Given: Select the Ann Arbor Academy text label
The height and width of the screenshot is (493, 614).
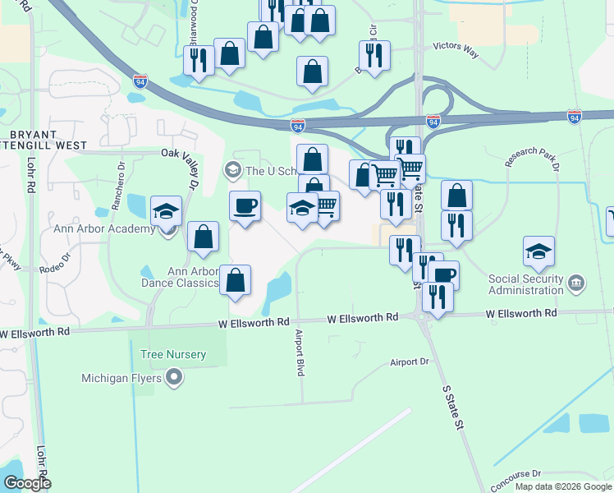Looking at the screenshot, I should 103,228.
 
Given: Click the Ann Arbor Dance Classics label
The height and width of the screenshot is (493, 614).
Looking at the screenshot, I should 192,278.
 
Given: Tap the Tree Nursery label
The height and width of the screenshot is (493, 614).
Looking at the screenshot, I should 173,354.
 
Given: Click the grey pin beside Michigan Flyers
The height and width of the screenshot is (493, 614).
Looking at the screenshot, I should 174,378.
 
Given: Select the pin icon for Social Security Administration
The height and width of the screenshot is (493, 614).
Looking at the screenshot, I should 577,284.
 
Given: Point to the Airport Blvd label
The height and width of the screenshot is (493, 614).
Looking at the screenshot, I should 300,353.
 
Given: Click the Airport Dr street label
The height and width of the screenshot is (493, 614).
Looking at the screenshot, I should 410,362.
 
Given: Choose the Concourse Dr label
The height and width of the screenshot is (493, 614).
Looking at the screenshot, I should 515,474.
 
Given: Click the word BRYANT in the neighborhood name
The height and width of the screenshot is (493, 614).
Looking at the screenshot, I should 33,134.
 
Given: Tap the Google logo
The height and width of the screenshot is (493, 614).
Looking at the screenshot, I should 26,483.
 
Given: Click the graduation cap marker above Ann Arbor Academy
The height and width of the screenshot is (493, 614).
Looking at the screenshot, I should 167,211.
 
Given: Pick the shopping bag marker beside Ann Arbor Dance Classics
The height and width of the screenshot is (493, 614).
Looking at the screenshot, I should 236,281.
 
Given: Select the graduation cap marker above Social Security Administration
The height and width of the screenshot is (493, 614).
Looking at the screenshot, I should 538,251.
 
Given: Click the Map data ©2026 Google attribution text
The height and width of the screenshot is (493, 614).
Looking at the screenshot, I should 563,486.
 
